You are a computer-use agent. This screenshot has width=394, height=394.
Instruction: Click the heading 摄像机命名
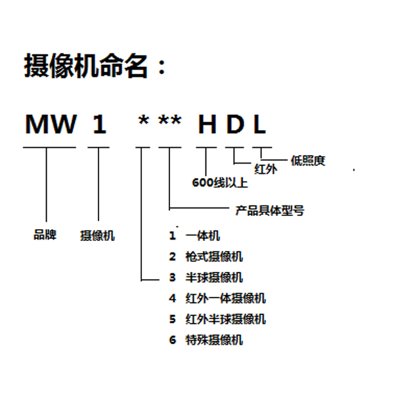85,66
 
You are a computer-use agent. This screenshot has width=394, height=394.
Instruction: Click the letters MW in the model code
51,124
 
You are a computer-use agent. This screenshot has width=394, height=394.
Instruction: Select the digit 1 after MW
100,124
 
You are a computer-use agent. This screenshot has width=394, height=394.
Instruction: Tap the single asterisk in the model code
143,120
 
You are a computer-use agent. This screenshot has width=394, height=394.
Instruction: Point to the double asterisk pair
169,120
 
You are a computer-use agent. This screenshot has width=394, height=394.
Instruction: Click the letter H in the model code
207,124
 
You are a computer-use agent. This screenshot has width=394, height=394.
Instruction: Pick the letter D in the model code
235,124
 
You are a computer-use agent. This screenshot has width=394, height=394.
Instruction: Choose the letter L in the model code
260,124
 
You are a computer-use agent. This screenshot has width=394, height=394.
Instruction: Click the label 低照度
308,161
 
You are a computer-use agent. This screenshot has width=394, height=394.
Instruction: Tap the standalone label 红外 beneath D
266,169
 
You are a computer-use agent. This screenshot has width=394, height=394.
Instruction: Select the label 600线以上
220,183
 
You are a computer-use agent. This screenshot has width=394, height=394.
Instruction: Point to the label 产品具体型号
270,211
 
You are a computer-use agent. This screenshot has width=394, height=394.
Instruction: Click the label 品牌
45,235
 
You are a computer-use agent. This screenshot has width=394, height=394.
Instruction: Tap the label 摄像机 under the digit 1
97,236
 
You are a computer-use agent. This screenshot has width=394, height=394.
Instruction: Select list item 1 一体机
194,236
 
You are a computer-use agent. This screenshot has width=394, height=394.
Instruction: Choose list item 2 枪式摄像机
206,257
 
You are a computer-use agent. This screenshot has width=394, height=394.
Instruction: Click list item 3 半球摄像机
206,278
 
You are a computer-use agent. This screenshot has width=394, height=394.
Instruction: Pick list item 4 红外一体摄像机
217,299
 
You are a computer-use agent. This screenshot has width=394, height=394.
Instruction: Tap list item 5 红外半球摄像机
217,319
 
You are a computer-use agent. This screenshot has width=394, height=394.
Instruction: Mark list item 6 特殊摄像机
206,340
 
